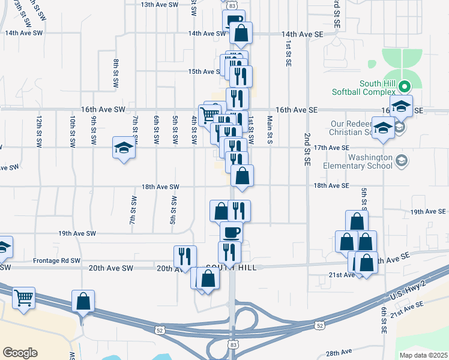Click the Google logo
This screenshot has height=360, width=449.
click(20, 353)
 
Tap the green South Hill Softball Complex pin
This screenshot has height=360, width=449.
click(405, 85)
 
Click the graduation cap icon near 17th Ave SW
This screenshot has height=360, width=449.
click(124, 148)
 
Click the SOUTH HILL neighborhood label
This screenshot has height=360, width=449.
click(231, 268)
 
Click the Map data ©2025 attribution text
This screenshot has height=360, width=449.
click(423, 355)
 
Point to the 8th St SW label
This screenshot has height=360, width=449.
click(116, 74)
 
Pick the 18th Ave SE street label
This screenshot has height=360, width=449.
click(331, 186)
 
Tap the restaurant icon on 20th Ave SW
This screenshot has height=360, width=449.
click(185, 256)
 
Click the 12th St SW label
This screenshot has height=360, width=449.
click(38, 131)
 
